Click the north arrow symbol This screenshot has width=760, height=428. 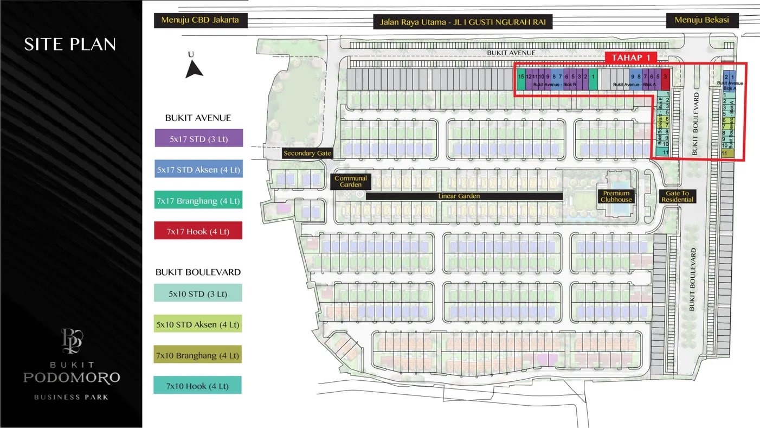[194, 69]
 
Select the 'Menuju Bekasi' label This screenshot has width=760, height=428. [701, 20]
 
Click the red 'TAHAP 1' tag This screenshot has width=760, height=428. [630, 58]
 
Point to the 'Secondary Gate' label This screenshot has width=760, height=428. [307, 154]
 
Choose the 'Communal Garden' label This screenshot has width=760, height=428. [351, 182]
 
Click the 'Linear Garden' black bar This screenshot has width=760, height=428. [464, 196]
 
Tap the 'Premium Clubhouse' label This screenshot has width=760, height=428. [616, 196]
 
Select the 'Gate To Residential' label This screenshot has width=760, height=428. [677, 196]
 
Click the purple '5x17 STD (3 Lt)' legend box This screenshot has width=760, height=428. [198, 139]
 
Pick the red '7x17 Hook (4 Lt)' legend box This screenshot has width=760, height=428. [198, 231]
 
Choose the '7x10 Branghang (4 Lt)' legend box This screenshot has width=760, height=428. [197, 355]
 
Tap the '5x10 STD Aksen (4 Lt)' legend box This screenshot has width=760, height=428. [197, 324]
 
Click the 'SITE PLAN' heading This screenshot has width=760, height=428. [70, 44]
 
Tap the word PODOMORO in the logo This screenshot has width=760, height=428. [71, 378]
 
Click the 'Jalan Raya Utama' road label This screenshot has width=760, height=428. [463, 22]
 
